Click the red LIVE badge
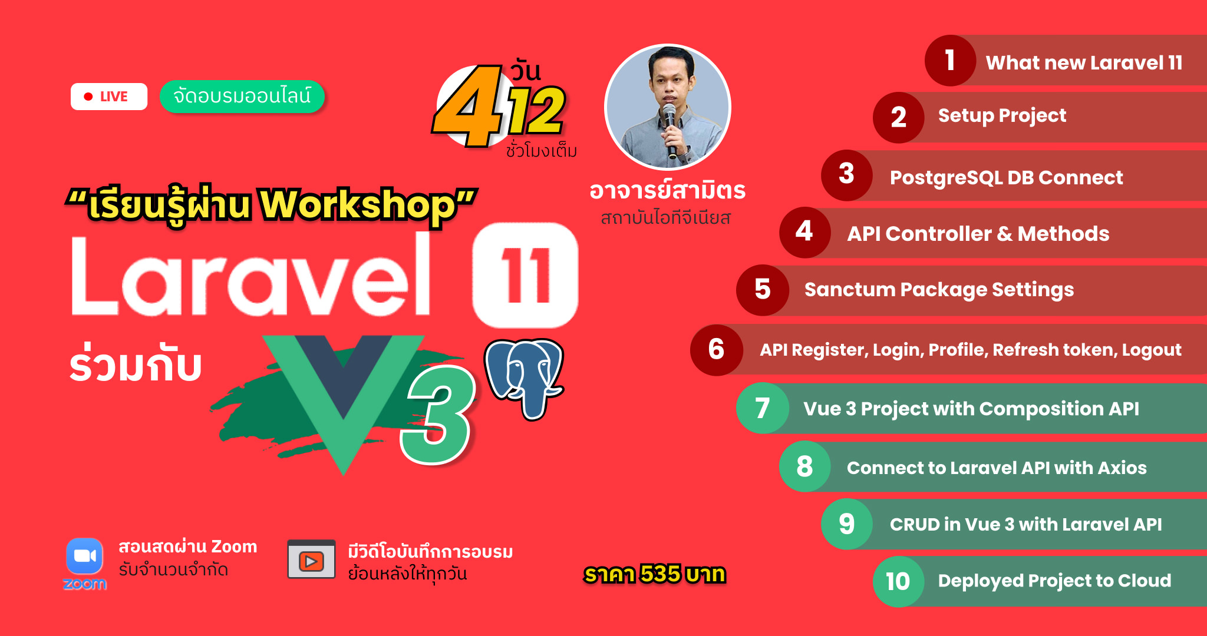tap(109, 97)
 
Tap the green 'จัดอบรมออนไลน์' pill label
tap(242, 96)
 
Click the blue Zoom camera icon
tap(85, 556)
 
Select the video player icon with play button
tap(311, 559)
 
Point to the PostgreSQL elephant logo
tap(524, 377)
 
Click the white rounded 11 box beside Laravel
tap(525, 274)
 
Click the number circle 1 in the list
tap(950, 61)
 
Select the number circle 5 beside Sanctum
tap(763, 290)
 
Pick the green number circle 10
tap(898, 581)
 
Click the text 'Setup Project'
tap(1002, 116)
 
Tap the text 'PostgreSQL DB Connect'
tap(1007, 178)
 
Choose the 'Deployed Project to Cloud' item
tap(1054, 581)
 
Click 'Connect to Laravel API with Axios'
tap(997, 468)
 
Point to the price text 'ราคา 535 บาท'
tap(655, 574)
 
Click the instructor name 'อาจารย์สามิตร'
tap(668, 191)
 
